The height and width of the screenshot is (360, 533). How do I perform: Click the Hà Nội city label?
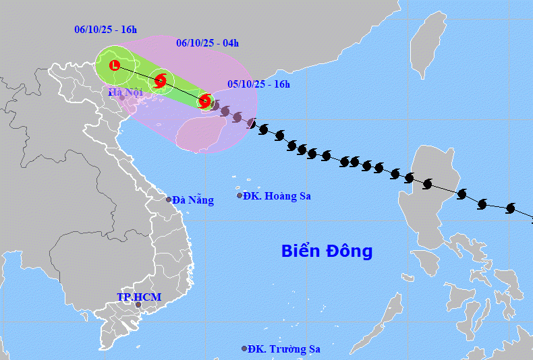126,92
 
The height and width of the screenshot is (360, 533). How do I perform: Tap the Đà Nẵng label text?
193,200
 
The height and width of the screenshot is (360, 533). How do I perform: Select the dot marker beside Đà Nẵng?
169,199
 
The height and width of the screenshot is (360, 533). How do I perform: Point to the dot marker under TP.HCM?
138,305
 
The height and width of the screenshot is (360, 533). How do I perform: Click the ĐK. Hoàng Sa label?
277,196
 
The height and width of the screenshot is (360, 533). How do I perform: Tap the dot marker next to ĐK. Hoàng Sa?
240,196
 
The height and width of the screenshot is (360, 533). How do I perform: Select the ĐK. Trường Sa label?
284,349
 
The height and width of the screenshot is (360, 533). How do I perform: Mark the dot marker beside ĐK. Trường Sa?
244,349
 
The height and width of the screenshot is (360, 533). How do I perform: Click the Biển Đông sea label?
327,251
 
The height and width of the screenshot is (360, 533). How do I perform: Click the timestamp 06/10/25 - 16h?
105,30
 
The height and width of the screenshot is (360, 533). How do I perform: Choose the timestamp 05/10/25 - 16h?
258,84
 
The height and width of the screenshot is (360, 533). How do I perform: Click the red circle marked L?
115,65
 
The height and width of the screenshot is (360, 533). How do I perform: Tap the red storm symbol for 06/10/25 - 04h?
161,81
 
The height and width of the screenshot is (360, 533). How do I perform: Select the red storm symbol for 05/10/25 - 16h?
205,102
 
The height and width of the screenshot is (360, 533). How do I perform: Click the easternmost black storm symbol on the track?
509,209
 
